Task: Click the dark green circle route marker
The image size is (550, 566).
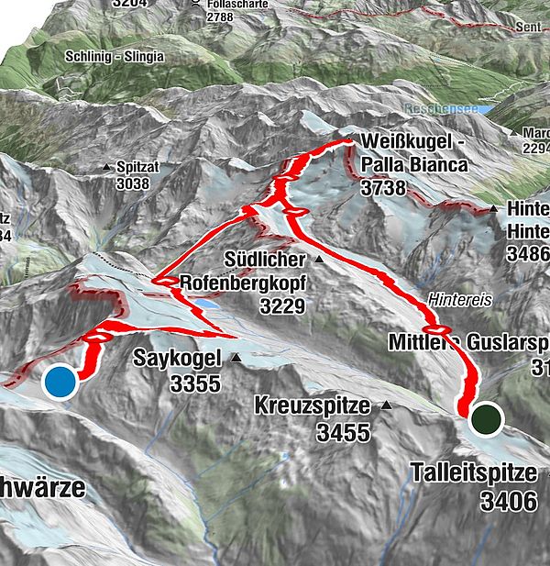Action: pos(486,418)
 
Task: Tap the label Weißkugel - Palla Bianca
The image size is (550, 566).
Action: pos(414,153)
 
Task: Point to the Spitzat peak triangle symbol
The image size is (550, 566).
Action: pos(108,168)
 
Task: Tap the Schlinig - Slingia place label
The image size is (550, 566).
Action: pos(115,56)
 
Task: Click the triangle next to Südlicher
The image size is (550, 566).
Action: pos(319,260)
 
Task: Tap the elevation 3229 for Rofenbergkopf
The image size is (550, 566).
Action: pos(280,305)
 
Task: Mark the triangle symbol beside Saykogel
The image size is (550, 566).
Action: pos(236,358)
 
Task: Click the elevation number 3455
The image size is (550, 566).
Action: pos(344,432)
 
